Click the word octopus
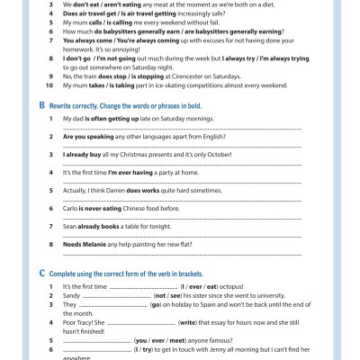click(206, 285)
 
